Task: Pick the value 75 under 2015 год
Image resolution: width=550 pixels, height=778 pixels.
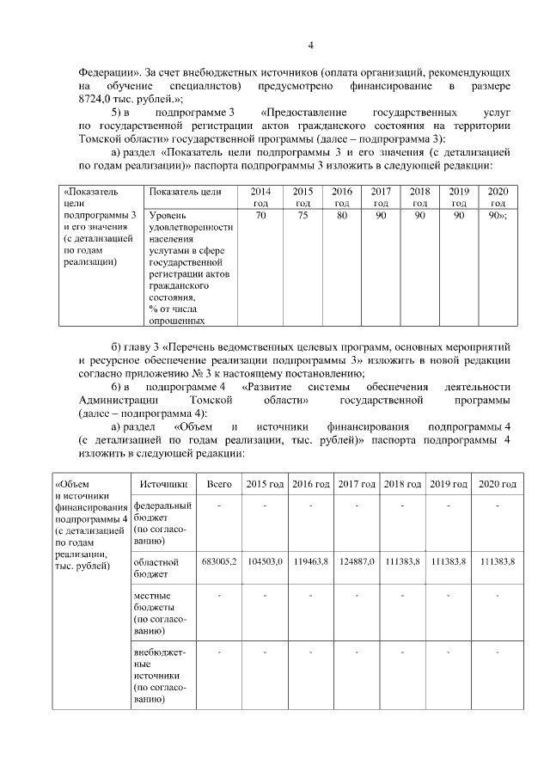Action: click(302, 216)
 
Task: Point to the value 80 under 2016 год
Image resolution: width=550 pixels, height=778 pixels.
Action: click(342, 216)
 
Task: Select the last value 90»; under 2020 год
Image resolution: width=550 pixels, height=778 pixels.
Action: click(498, 216)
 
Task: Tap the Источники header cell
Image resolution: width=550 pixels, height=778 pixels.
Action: click(162, 484)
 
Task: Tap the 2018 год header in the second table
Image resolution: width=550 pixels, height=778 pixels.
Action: click(403, 484)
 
